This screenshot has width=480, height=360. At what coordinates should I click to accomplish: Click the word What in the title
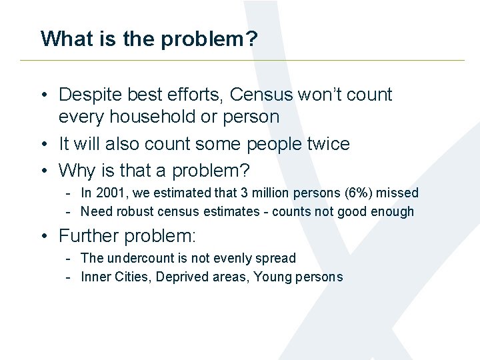click(65, 39)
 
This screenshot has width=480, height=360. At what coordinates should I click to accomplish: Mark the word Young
click(272, 277)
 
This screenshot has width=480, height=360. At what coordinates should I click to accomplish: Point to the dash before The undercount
click(69, 258)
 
